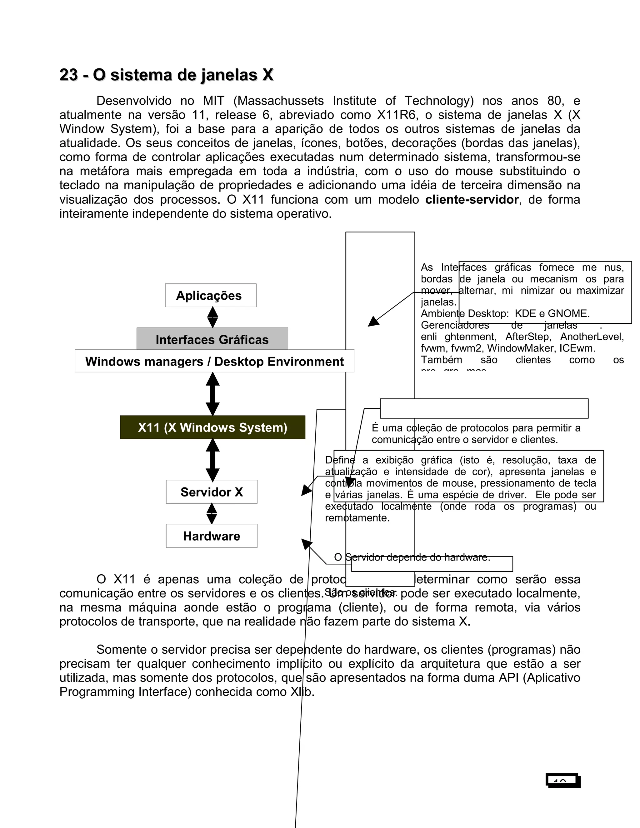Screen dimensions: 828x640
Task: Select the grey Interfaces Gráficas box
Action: coord(212,339)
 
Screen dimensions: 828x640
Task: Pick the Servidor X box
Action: coord(212,492)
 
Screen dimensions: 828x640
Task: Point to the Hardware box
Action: coord(212,536)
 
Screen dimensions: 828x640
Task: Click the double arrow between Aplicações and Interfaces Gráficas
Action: coord(213,317)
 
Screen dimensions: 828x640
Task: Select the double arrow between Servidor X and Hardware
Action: coord(212,514)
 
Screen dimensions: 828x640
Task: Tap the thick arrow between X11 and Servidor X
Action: coord(213,460)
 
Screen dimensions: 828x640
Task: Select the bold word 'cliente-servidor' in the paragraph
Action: coord(472,199)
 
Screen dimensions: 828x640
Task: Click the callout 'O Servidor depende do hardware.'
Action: coord(412,557)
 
